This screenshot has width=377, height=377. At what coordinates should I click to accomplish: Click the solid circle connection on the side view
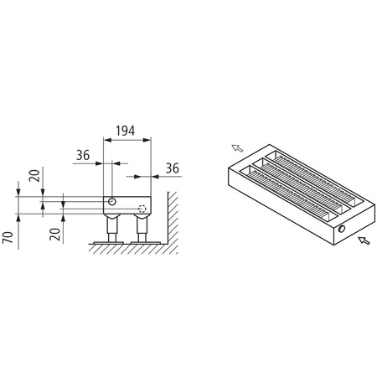(x=111, y=204)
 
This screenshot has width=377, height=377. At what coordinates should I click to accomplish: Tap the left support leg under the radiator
(x=111, y=227)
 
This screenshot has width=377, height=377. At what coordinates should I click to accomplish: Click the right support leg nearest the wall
(x=142, y=227)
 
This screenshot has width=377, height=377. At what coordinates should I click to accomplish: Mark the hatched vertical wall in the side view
(x=170, y=222)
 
